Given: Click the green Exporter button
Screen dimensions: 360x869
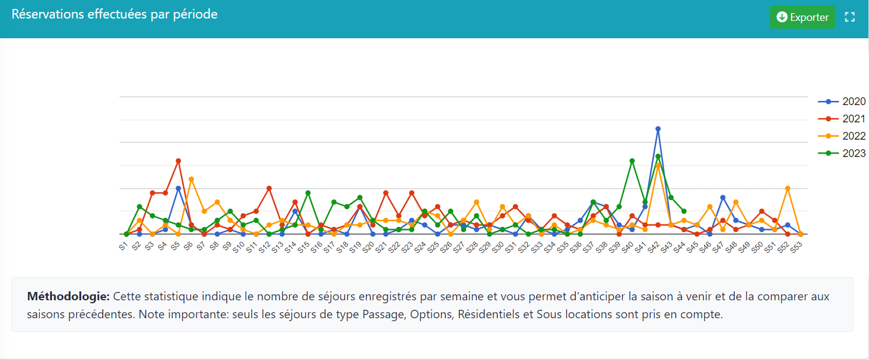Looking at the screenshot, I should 802,17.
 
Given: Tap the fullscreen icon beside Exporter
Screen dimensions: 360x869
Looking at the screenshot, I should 850,17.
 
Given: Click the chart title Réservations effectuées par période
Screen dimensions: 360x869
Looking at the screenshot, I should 115,14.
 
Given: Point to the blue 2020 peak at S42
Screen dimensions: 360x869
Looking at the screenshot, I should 658,129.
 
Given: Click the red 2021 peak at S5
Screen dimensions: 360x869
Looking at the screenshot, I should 178,161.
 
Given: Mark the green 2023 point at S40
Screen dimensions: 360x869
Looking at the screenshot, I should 632,161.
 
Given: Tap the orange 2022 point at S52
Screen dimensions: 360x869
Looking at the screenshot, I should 788,188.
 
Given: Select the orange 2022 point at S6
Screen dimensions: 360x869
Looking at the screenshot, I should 191,179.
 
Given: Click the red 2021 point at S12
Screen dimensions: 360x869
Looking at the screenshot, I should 269,188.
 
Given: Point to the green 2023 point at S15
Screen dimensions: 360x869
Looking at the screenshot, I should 308,193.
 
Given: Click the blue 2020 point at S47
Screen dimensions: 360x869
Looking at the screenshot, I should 723,198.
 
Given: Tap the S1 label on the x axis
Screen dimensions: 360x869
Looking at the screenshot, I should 124,245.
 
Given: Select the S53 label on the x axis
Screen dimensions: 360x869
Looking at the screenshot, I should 797,247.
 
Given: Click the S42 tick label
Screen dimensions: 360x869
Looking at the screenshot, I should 654,247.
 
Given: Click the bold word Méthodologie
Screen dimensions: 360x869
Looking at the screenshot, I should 68,297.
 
